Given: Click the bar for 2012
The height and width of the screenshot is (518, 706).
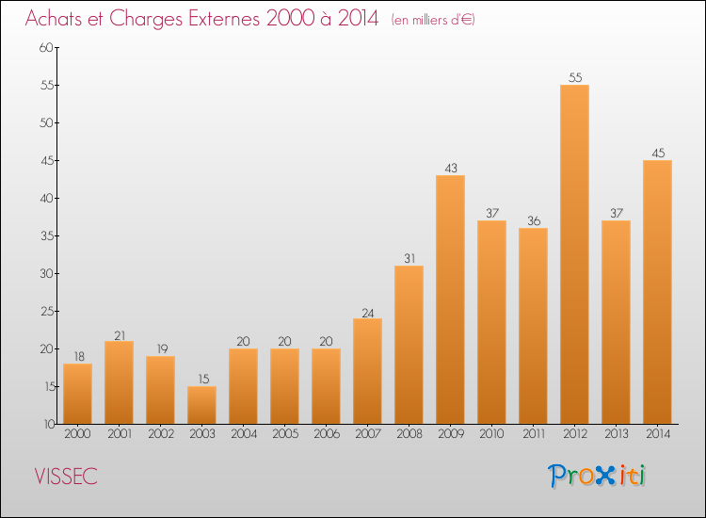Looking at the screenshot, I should [574, 254].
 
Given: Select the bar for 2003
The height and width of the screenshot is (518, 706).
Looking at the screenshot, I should [201, 405].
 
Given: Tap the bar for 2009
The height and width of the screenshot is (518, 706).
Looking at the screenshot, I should [450, 299].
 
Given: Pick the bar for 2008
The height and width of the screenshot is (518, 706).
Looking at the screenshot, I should [409, 345].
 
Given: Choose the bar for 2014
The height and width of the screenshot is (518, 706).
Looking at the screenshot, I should [657, 292].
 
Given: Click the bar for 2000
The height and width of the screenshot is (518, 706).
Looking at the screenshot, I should [77, 394].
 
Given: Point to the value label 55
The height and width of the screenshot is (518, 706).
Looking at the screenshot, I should [574, 77].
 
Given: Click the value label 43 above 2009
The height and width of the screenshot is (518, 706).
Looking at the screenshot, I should [450, 168].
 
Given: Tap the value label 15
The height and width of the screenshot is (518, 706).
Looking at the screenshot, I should [201, 379].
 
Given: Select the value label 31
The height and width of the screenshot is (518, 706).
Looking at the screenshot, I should [409, 258].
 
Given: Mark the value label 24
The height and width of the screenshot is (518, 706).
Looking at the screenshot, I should [367, 311].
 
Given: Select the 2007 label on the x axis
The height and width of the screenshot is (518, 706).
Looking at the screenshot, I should [367, 435].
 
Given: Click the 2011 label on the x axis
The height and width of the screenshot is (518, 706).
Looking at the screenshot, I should [533, 435].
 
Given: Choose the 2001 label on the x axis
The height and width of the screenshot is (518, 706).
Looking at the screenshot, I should [119, 435].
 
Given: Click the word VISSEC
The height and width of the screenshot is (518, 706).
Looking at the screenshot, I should [66, 477].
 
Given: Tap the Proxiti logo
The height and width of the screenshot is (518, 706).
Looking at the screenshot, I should [598, 476].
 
